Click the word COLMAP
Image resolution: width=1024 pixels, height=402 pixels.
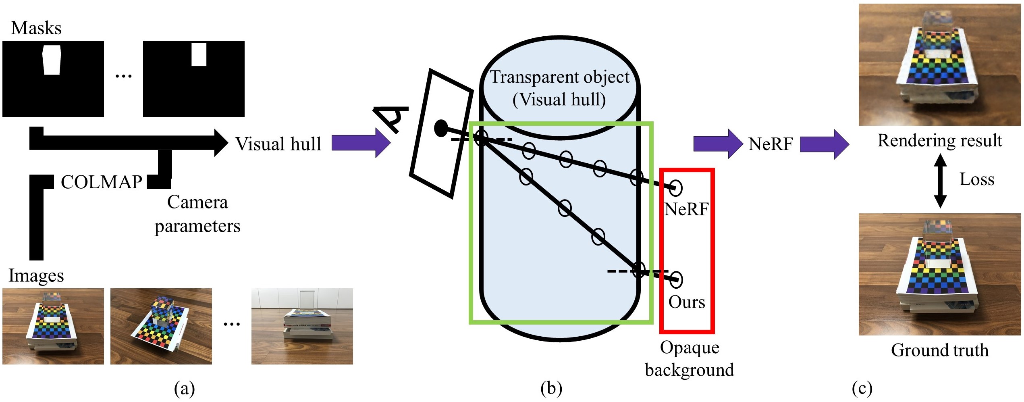pos(102,182)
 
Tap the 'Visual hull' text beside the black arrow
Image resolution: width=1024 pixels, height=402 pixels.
pos(278,144)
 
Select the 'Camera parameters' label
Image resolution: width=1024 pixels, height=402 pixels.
pos(197,214)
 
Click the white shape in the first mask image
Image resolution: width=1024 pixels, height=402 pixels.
pos(52,60)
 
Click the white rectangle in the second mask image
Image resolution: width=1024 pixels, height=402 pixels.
pos(199,54)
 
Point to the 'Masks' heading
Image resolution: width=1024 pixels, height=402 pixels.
pos(36,28)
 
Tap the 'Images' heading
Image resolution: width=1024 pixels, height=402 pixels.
pos(36,275)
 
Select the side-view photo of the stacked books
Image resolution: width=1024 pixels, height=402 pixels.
pos(302,326)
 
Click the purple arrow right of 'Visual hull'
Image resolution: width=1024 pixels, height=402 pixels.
pos(360,143)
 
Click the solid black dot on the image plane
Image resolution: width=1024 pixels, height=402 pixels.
pos(441,128)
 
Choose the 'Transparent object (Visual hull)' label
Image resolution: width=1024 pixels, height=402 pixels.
pos(559,88)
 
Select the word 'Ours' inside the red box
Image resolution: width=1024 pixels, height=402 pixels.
pos(687,302)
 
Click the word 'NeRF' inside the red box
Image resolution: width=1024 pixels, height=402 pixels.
pos(686,209)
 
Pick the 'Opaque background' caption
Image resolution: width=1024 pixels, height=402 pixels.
pos(689,358)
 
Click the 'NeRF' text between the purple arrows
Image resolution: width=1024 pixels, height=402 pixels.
pos(771,144)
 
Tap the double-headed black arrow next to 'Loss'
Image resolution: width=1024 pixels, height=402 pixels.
pos(940,181)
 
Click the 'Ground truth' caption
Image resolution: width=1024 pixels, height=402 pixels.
pos(940,350)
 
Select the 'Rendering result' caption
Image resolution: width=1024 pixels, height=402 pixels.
pos(940,140)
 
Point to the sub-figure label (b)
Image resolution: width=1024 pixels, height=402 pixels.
pos(551,389)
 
